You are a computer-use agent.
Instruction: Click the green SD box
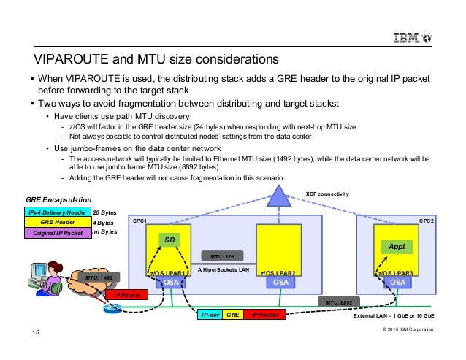coord(169,240)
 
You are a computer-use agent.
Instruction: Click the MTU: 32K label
coord(221,256)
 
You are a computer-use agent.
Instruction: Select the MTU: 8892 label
coord(340,301)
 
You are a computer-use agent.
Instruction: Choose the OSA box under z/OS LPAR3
coord(397,280)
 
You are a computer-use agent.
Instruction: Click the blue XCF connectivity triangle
coord(278,196)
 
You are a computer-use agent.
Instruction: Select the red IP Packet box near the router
coord(126,296)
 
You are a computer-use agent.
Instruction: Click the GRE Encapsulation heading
coord(59,199)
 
